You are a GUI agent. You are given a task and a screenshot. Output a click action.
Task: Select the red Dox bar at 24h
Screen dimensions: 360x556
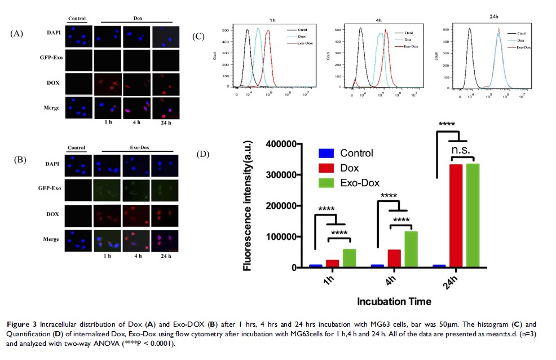click(455, 215)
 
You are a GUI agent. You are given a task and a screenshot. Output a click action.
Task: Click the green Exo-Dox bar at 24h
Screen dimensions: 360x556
click(472, 214)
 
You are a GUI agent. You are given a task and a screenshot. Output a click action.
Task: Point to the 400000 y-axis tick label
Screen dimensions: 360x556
click(283, 144)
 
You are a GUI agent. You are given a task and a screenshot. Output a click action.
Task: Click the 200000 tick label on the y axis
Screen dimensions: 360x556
click(283, 206)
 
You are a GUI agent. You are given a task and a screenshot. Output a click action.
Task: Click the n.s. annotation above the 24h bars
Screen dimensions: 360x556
click(465, 150)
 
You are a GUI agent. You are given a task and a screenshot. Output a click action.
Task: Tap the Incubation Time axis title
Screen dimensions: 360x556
click(394, 301)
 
